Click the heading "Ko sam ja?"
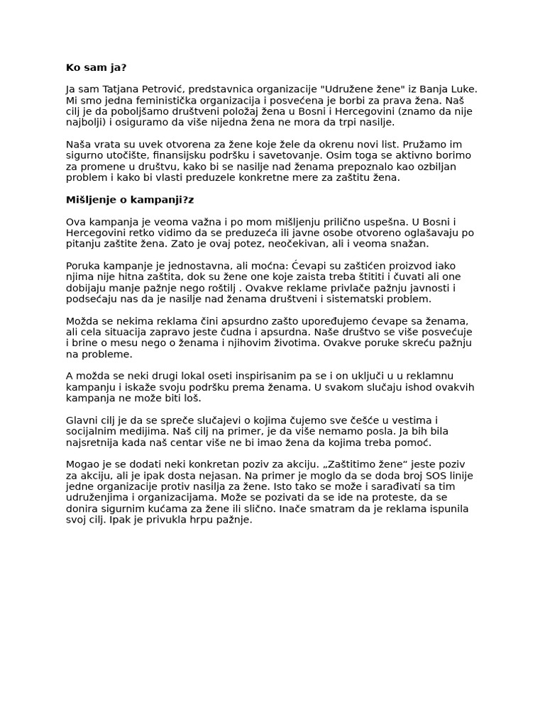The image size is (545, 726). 97,67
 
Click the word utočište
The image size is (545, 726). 124,156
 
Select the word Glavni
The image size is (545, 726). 82,420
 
